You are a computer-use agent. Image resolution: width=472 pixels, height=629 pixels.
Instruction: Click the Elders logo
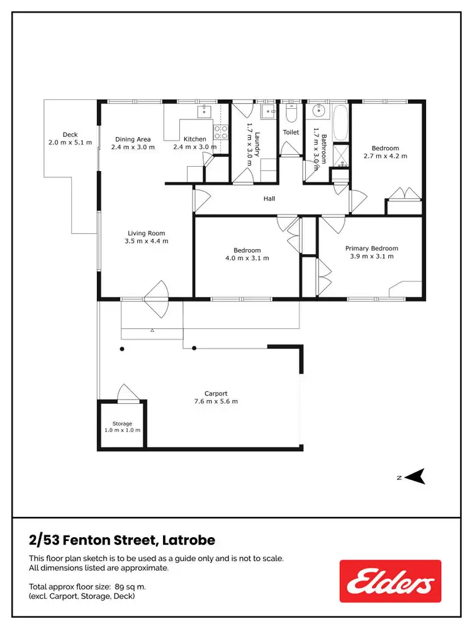(390, 581)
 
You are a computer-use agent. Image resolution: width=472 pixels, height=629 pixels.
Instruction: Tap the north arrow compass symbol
(416, 476)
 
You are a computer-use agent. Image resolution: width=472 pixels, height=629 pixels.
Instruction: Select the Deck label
(70, 135)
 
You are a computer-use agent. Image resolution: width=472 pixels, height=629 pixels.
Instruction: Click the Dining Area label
(132, 139)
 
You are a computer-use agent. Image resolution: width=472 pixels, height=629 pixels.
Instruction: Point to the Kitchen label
(194, 139)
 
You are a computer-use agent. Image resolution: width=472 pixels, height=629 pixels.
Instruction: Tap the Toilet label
(291, 133)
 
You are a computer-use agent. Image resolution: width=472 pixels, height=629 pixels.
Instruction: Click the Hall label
(269, 199)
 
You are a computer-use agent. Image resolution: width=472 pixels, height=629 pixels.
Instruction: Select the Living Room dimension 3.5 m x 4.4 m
(147, 241)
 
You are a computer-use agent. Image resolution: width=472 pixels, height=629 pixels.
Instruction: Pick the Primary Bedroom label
(371, 248)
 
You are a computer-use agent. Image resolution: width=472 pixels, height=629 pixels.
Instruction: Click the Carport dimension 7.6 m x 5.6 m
(216, 401)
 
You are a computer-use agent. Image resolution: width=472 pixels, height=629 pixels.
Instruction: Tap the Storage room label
(122, 423)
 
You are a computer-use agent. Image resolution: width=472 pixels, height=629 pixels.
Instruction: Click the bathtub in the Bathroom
(340, 123)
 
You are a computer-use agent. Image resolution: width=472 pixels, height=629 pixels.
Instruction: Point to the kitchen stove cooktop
(221, 131)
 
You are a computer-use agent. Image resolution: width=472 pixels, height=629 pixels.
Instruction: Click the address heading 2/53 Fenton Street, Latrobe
(122, 540)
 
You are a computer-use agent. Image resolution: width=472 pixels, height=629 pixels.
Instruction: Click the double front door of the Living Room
(155, 296)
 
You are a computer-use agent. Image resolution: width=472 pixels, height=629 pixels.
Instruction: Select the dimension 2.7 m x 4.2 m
(385, 155)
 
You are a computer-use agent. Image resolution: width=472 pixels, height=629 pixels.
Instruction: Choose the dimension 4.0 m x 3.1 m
(247, 258)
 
